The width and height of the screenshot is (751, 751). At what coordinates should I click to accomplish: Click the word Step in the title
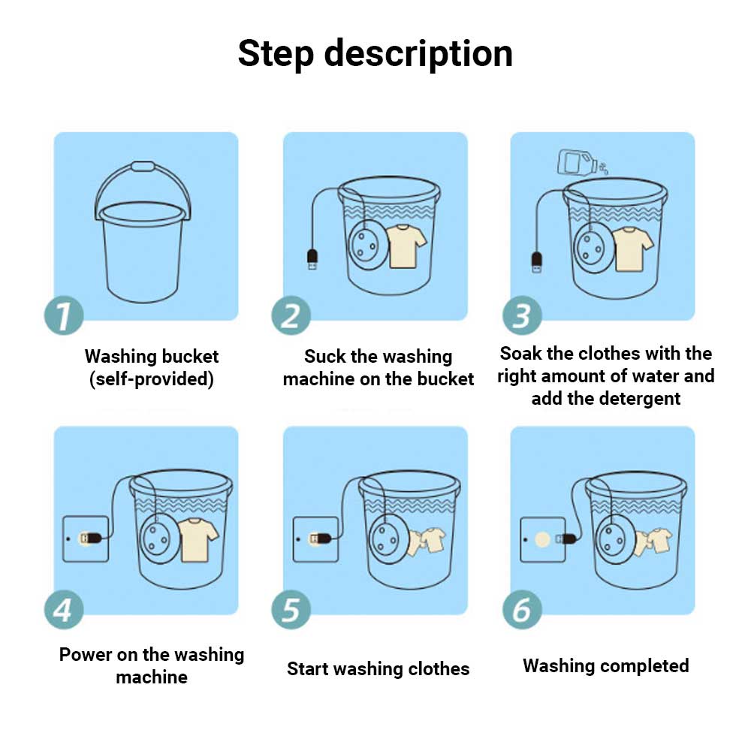pos(276,54)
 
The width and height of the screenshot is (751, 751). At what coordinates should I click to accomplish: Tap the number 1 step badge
pos(64,315)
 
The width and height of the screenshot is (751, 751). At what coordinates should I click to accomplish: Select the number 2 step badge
pos(291,315)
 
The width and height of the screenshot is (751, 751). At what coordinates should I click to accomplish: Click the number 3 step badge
pos(522,315)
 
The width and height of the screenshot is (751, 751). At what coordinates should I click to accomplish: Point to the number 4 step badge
pos(64,610)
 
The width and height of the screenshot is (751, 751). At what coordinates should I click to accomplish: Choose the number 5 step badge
pos(291,610)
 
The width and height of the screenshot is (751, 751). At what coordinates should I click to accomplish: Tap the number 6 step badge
pos(522,610)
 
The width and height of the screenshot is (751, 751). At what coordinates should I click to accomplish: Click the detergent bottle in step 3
pos(577,162)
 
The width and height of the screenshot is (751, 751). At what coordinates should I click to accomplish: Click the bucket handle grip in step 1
pos(143,167)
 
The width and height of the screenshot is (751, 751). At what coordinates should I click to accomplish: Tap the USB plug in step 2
pos(312,259)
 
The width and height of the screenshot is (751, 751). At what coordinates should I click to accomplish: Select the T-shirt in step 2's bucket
pos(406,246)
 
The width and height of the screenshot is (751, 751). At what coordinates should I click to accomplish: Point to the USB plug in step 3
pos(537,261)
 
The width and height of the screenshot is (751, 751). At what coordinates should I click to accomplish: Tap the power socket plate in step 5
pos(315,539)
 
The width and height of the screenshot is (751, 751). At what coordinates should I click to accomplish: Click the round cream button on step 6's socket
pos(542,540)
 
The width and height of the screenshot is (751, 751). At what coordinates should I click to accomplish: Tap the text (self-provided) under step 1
pos(152,379)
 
